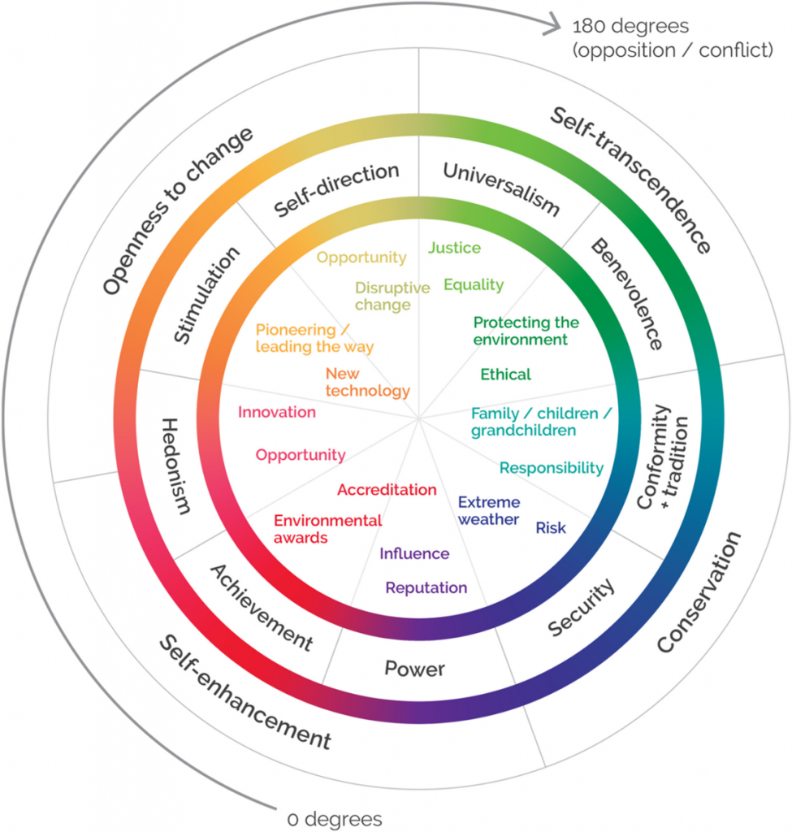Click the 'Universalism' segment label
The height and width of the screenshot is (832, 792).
click(x=501, y=188)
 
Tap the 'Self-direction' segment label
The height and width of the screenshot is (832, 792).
click(x=336, y=189)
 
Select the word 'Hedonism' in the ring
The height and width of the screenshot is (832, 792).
click(x=176, y=466)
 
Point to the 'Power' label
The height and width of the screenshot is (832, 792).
click(x=415, y=669)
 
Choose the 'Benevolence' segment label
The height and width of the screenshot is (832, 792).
click(x=627, y=293)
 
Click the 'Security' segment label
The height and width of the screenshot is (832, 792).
click(x=582, y=607)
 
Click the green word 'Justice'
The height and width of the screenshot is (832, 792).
click(x=455, y=249)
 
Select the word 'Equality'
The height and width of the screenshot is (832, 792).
click(x=474, y=285)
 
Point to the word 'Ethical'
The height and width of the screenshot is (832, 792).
click(x=505, y=375)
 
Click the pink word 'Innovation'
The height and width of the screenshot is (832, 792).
click(x=277, y=412)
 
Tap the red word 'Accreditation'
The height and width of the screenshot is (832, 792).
click(x=387, y=490)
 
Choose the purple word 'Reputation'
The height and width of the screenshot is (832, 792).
click(x=426, y=588)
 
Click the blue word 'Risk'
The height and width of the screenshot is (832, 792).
click(x=551, y=528)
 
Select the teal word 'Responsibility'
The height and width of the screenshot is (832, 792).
click(x=552, y=468)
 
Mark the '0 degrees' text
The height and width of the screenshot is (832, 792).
click(x=335, y=819)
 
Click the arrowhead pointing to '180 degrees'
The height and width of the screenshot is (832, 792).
click(x=552, y=24)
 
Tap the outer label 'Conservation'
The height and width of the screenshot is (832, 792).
click(x=699, y=591)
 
